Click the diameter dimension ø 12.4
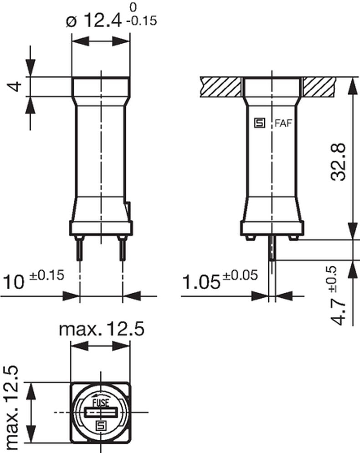pos(93,21)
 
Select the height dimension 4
pos(16,87)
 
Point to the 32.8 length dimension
pos(339,162)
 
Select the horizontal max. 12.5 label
pos(102,329)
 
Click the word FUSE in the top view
pos(101,403)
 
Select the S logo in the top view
pos(101,426)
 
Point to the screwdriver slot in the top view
pos(101,413)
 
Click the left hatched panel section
pos(220,87)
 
